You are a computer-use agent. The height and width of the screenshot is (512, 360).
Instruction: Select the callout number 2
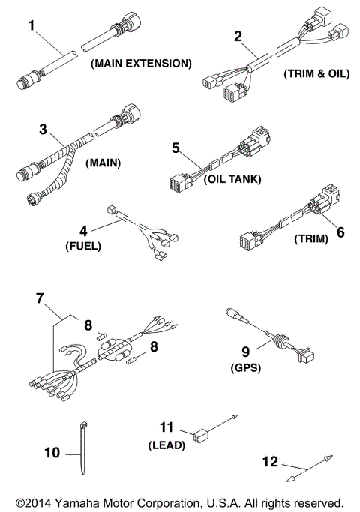click(238, 36)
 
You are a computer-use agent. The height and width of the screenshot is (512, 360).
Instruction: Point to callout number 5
click(176, 148)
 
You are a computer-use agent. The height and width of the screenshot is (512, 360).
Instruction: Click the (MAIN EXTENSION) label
click(140, 64)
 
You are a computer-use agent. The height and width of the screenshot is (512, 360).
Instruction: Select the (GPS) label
click(244, 368)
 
